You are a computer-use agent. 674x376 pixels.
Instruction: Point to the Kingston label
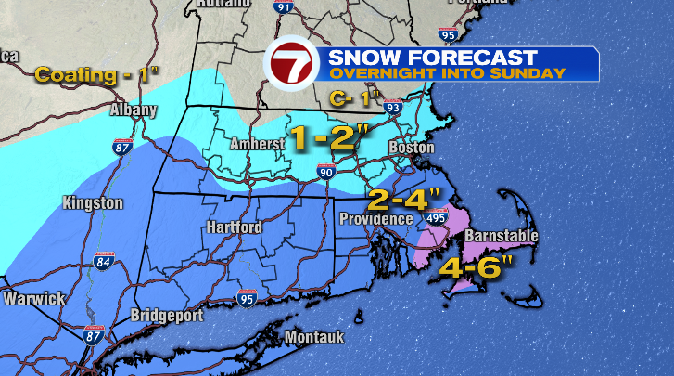92,202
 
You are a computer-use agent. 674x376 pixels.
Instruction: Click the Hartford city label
235,227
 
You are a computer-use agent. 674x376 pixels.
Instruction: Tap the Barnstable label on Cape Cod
500,237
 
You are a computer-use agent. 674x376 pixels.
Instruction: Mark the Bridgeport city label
167,315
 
